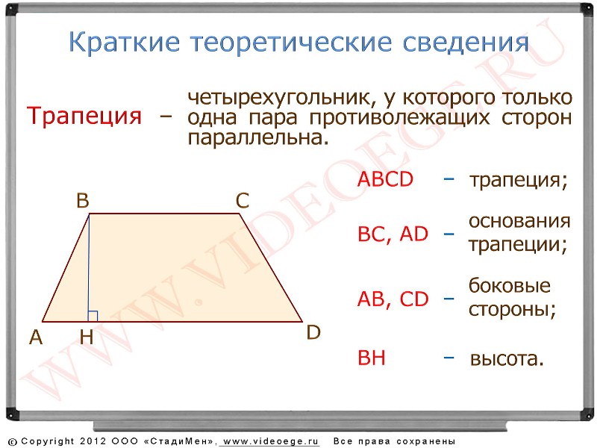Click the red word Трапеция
click(x=84, y=116)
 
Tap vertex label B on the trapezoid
click(x=83, y=200)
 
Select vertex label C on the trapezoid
click(x=243, y=200)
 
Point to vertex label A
click(x=36, y=337)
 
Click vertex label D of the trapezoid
click(x=313, y=332)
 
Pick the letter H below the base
click(x=87, y=337)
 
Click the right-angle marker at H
click(x=93, y=316)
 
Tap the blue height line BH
click(x=89, y=268)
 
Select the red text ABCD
click(x=385, y=179)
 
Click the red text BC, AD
click(x=393, y=234)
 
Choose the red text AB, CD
click(x=393, y=299)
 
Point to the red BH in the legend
click(x=372, y=358)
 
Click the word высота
click(x=507, y=358)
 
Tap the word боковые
click(x=510, y=285)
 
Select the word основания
click(x=519, y=221)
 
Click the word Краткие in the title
click(x=124, y=42)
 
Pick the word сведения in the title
click(x=466, y=43)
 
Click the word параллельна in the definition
click(x=257, y=138)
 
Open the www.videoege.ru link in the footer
click(x=271, y=441)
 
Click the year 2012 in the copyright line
click(x=93, y=441)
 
